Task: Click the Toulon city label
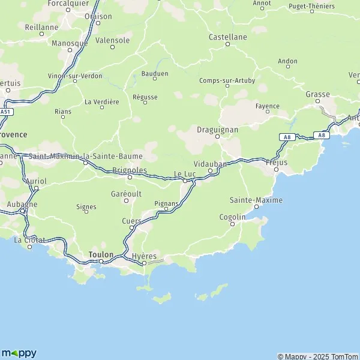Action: tap(100, 254)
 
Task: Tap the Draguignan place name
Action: tap(217, 129)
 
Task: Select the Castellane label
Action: tap(227, 37)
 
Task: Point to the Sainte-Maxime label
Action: tap(256, 200)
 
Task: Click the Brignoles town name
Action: tap(130, 170)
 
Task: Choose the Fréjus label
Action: tap(276, 162)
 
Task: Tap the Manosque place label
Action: tap(70, 43)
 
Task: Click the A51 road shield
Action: tap(6, 112)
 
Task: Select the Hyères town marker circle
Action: tap(144, 263)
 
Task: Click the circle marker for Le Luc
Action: tap(185, 181)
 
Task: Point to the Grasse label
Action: tap(317, 94)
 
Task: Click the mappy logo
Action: tap(19, 353)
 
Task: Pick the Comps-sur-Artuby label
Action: tap(227, 80)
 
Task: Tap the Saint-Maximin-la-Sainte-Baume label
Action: tap(86, 156)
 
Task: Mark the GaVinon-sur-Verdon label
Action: tap(75, 76)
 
